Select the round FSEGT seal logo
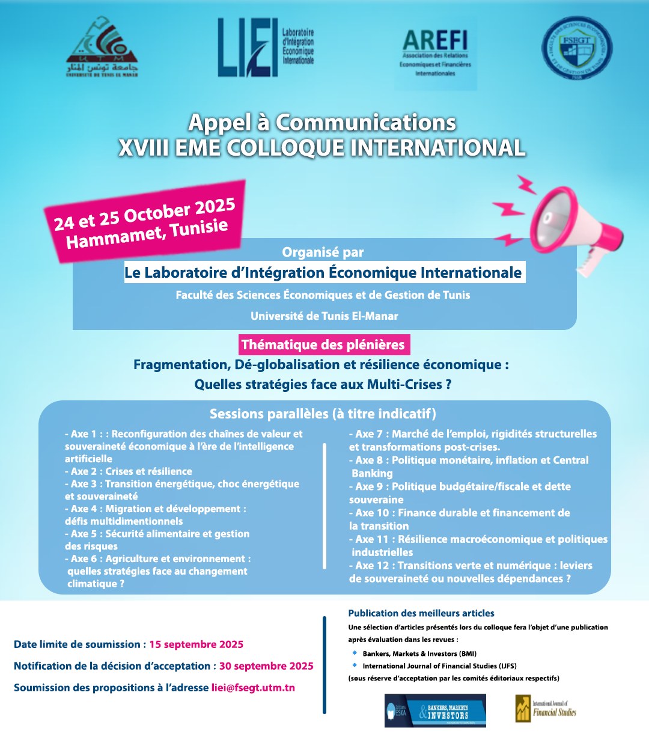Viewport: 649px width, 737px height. pos(577,48)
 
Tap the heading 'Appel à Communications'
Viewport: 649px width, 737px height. pos(322,123)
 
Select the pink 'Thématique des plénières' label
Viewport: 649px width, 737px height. pos(324,345)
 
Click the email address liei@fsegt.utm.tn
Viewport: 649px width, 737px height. pos(253,688)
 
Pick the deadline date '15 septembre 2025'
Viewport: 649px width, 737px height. pos(197,644)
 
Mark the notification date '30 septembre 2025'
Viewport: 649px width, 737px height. pos(266,666)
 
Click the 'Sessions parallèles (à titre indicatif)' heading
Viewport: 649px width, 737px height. pos(323,414)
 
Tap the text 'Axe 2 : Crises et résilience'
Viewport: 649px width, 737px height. pos(129,471)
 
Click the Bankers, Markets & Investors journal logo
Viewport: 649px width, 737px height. pos(435,711)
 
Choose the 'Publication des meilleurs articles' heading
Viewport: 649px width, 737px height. pos(421,613)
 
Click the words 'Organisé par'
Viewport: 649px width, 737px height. pos(323,252)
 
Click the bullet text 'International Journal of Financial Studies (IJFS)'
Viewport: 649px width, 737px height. pos(439,666)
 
